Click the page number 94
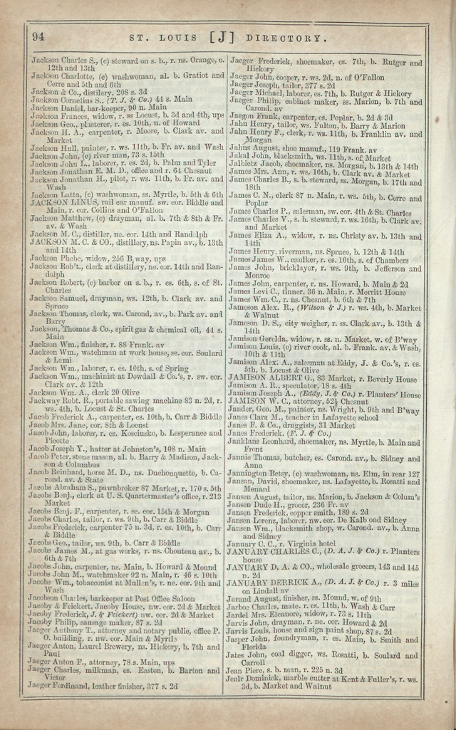(x=38, y=36)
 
